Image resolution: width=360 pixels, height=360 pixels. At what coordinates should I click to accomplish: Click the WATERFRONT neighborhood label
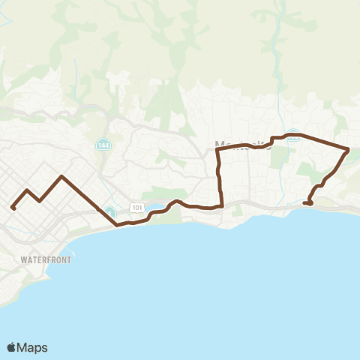46,260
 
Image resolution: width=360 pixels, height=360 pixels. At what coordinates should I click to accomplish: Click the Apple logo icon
12,347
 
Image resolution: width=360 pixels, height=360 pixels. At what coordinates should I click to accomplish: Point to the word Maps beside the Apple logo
33,347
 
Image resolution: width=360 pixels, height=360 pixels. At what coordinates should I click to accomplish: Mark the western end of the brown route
13,208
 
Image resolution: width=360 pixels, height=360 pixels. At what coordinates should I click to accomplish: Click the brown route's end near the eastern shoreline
310,202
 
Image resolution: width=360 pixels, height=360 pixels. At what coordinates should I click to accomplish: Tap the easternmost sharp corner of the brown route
348,150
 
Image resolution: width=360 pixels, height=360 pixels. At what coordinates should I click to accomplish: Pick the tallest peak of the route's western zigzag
61,176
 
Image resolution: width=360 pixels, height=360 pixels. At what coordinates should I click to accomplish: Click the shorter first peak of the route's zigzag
28,190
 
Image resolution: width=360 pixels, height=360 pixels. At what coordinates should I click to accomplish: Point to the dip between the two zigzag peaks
39,201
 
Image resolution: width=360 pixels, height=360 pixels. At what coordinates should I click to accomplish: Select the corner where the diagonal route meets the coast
117,224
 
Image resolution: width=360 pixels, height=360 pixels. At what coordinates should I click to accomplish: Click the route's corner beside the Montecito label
217,150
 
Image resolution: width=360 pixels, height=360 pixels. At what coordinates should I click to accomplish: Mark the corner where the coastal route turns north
223,205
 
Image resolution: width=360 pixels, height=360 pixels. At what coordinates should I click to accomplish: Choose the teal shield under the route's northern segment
295,138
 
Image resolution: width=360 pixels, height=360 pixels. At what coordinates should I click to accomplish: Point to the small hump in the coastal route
175,201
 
